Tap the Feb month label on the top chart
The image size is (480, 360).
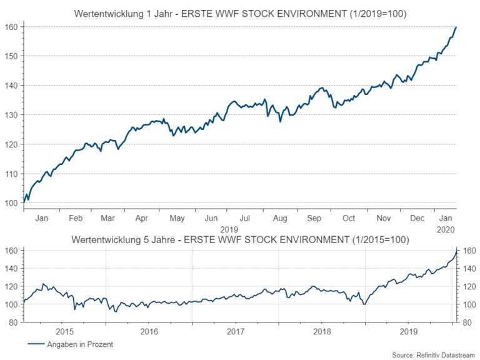[75, 218]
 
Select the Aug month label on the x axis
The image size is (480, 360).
[280, 218]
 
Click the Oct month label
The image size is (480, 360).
[348, 218]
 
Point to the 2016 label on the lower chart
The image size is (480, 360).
[148, 331]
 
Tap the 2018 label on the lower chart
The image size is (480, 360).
[321, 331]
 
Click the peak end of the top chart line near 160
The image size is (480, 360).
[456, 27]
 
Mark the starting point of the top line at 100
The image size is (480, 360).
[24, 202]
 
